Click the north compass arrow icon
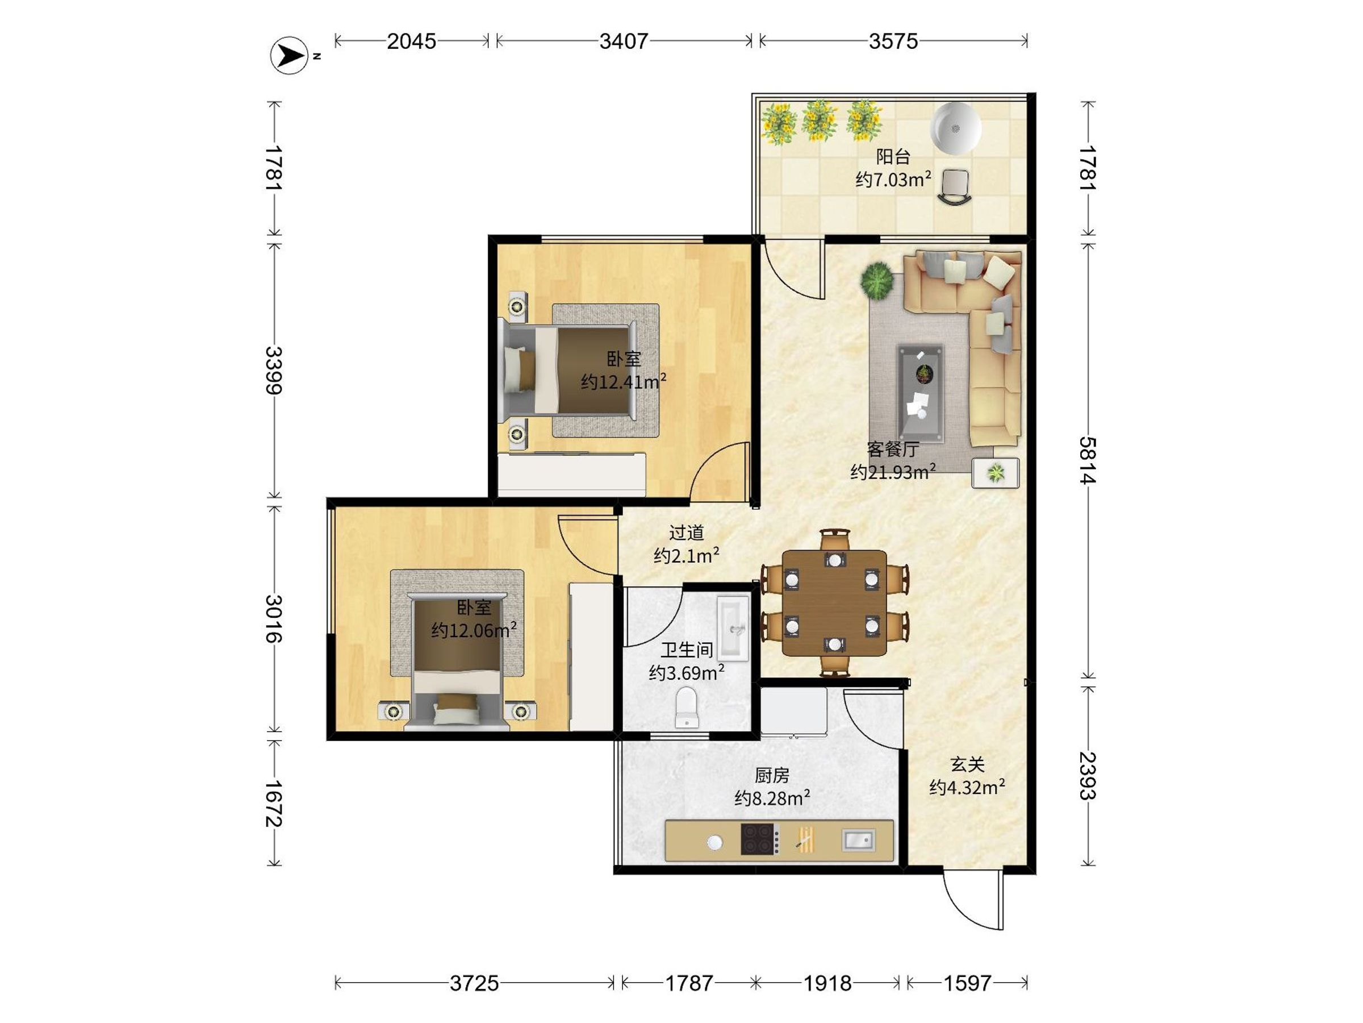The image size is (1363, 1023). [289, 56]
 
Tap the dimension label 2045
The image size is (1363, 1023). [411, 41]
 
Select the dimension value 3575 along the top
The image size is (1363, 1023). [893, 41]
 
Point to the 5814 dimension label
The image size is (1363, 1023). [1088, 460]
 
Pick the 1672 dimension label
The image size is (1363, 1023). [274, 804]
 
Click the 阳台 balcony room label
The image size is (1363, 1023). [893, 157]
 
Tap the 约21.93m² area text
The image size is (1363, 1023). [893, 472]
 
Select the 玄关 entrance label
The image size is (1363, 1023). [967, 764]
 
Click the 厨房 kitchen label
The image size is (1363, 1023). [771, 775]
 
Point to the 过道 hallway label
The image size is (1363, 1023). [687, 532]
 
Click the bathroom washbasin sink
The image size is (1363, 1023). [733, 629]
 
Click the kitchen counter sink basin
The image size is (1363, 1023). [858, 839]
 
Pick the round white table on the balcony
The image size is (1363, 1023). [955, 128]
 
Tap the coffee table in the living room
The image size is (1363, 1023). [920, 393]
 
